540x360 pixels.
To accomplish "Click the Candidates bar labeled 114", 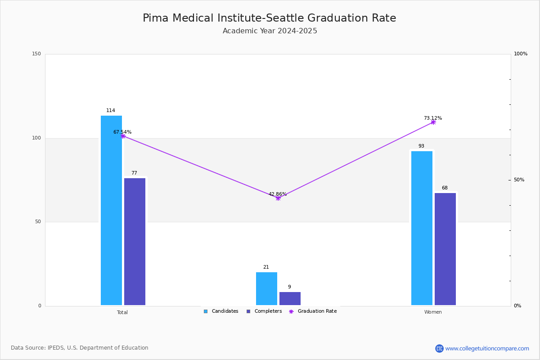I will click(111, 211).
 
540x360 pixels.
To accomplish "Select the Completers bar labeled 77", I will click(135, 242).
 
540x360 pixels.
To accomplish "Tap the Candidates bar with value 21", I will click(266, 288).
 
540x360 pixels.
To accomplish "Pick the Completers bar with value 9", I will click(290, 298).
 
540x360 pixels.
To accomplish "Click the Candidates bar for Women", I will click(422, 228).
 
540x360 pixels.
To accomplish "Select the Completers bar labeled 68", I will click(445, 249).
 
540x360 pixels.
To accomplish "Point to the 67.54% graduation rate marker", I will click(123, 136).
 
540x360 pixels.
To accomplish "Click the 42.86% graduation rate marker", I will click(278, 198).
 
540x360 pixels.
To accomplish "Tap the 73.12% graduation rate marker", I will click(433, 122).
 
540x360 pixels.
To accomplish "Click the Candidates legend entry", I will click(221, 311).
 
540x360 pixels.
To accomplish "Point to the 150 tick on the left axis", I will click(36, 54).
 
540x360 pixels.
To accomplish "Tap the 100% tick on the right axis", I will click(521, 54).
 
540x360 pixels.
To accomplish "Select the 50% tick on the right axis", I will click(519, 180).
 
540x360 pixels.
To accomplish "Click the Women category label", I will click(433, 312).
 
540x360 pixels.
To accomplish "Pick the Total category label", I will click(122, 312).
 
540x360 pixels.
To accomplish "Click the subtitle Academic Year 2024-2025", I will click(270, 31).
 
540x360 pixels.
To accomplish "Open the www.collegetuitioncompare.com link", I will click(487, 348).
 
